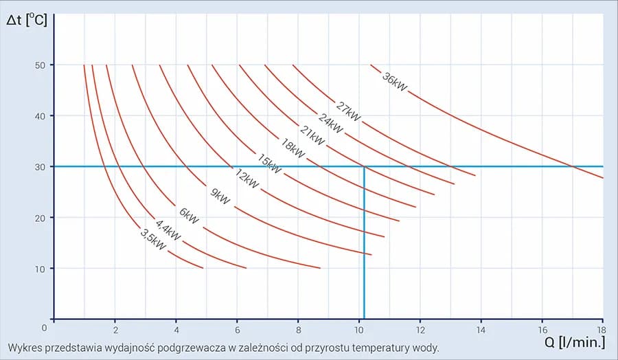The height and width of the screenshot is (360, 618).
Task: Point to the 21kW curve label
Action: tap(312, 135)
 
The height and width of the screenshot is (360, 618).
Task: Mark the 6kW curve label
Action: tap(189, 216)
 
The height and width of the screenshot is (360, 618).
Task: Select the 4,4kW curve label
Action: tap(168, 230)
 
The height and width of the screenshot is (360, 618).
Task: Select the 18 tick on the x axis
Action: tap(602, 328)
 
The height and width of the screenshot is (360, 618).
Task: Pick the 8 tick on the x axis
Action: tap(298, 328)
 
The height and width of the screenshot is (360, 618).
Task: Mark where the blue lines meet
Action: tap(363, 166)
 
